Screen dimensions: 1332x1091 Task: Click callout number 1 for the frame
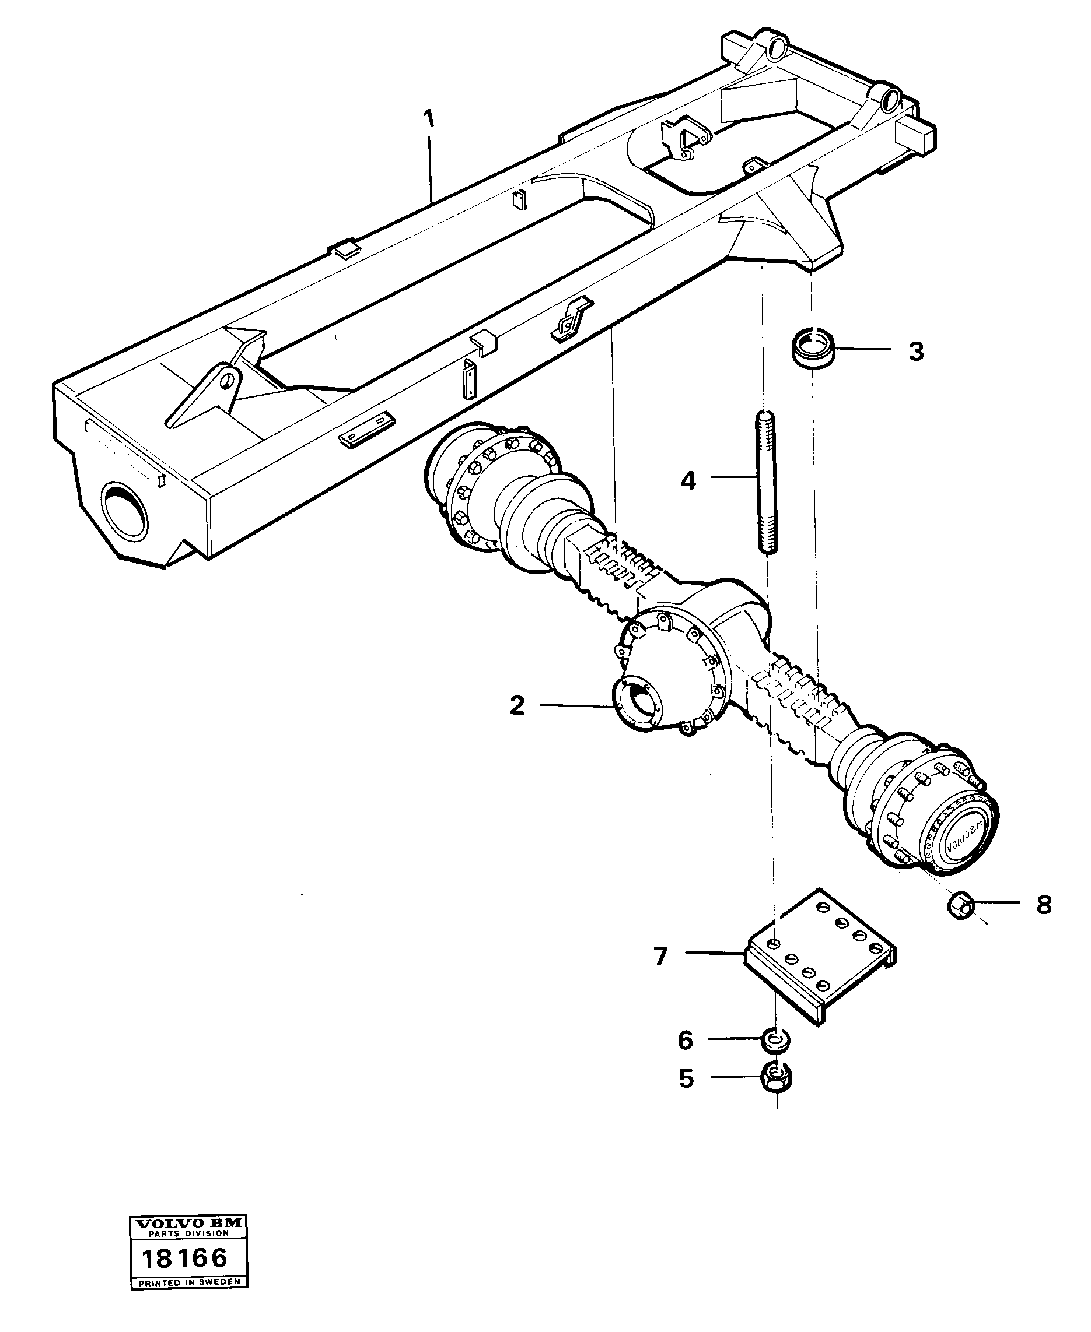429,120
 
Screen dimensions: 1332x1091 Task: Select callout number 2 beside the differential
516,705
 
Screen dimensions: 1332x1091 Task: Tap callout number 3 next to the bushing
915,351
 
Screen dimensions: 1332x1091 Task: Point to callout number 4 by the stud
688,481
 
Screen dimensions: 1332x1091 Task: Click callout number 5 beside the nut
686,1079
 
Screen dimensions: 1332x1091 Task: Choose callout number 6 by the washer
685,1041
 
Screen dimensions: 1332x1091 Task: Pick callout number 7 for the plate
660,957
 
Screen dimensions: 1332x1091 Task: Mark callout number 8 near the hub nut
1043,905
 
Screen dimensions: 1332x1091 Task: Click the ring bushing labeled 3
814,350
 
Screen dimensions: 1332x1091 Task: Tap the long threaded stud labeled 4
765,482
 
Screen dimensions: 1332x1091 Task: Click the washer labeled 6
777,1041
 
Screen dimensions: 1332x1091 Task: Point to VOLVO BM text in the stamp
188,1240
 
